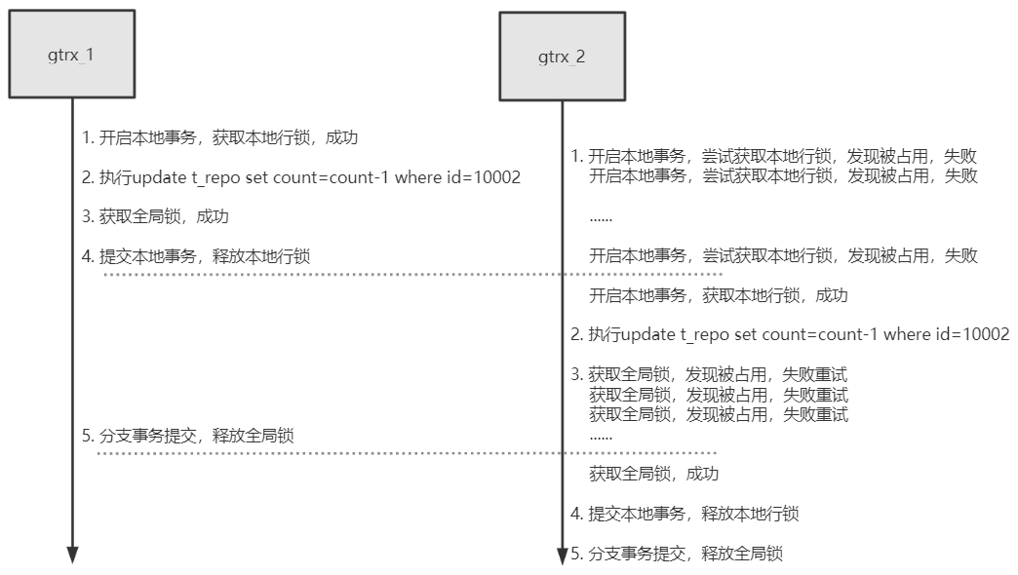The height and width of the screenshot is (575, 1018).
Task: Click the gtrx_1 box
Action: (x=71, y=55)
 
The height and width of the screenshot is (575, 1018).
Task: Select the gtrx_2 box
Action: (x=562, y=57)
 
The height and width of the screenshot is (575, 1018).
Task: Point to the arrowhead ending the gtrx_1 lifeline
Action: (x=72, y=555)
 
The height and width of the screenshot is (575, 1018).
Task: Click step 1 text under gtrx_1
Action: (x=219, y=137)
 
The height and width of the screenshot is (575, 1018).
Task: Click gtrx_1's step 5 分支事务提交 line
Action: (x=188, y=436)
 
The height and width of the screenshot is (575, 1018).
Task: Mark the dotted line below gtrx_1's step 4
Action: (x=410, y=275)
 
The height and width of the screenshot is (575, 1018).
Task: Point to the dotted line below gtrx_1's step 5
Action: (x=410, y=453)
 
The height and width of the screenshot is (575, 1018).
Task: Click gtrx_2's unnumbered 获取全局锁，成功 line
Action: (x=653, y=474)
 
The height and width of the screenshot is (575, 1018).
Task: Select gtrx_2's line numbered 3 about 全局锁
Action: (x=709, y=374)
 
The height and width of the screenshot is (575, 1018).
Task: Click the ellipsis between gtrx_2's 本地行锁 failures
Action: (x=601, y=217)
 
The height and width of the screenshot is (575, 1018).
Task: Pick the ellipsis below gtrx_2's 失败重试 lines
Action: (x=601, y=438)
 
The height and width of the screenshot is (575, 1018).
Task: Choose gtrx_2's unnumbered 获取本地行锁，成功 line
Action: (x=719, y=295)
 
